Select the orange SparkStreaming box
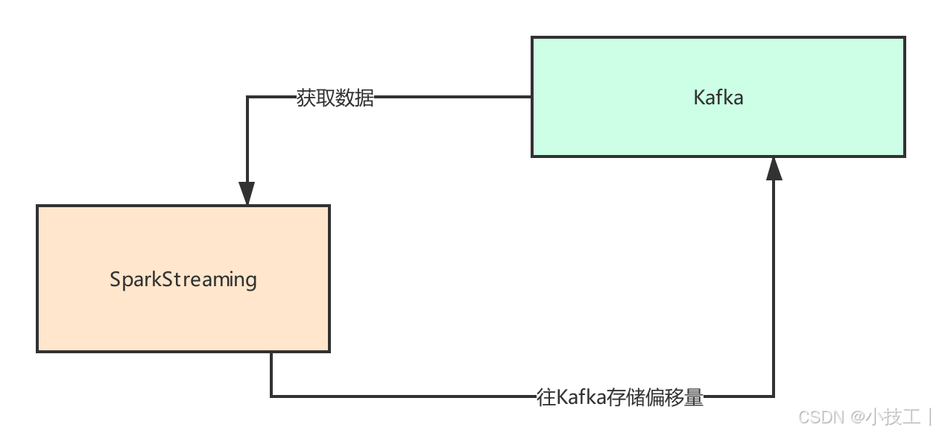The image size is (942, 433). click(183, 313)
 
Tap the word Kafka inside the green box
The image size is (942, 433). click(718, 98)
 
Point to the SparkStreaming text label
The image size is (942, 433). click(183, 279)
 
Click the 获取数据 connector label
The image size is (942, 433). click(335, 98)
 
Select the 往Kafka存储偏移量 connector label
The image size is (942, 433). click(620, 396)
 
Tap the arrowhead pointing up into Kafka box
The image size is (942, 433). click(774, 169)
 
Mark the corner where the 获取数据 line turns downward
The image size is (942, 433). click(247, 98)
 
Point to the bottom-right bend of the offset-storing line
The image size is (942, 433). click(774, 396)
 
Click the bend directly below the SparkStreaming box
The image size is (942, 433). click(271, 396)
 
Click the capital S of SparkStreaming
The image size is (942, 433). click(116, 279)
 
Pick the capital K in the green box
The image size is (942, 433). click(699, 98)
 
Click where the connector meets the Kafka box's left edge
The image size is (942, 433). click(532, 98)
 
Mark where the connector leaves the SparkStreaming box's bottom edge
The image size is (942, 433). click(271, 352)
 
